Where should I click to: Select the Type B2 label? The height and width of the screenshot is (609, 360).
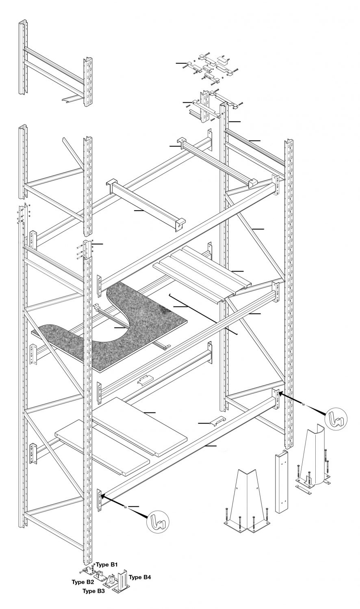[x=83, y=582]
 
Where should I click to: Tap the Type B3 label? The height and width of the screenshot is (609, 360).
[x=93, y=592]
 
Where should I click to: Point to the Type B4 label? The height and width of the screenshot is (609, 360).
[x=141, y=577]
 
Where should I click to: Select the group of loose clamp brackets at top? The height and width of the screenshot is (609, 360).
[x=211, y=65]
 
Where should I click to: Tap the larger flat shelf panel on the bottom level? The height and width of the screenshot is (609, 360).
[x=140, y=426]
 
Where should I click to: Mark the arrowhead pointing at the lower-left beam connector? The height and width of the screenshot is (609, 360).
[x=102, y=495]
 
